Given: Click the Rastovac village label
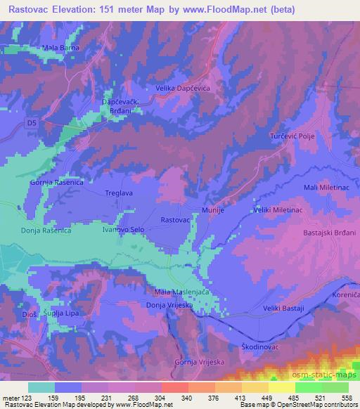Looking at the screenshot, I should (x=175, y=219).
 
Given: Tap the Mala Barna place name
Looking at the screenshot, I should (x=60, y=47).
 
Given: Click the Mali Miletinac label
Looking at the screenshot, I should (x=328, y=186).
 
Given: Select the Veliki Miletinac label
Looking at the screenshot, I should (x=278, y=210).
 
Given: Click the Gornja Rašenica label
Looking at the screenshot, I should (x=56, y=182).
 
